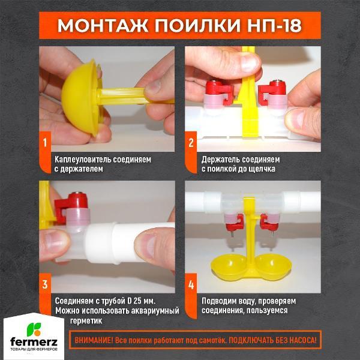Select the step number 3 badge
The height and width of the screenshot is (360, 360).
pyautogui.click(x=44, y=283)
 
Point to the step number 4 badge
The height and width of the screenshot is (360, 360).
pyautogui.click(x=191, y=283)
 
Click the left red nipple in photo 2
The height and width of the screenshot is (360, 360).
pyautogui.click(x=217, y=92)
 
